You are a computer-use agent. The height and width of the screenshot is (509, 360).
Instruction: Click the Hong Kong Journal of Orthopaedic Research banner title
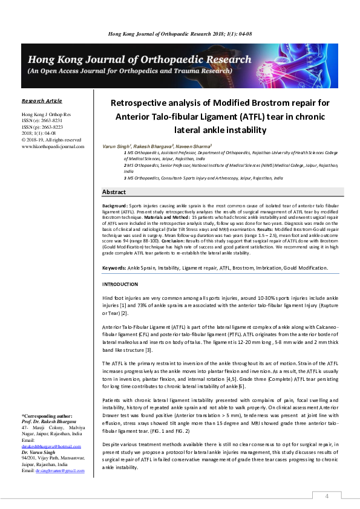137,60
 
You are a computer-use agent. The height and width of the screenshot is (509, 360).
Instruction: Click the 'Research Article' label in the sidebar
42,101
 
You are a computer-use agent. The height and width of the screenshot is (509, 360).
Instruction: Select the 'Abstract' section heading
114,192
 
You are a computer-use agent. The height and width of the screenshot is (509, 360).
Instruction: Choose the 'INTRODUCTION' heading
120,284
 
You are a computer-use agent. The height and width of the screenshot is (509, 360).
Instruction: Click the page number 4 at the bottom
327,496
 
